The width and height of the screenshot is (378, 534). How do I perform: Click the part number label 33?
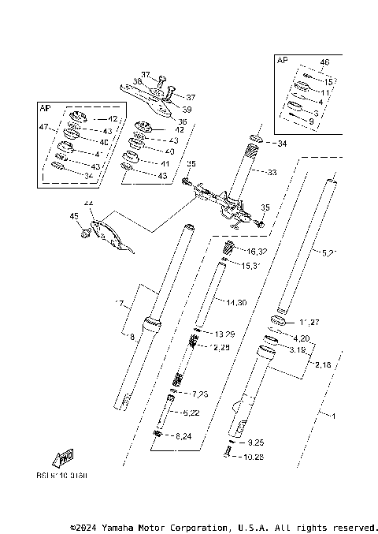(273, 171)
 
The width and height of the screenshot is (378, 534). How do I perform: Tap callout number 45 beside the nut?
(74, 216)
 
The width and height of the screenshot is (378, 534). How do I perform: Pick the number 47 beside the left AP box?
(44, 126)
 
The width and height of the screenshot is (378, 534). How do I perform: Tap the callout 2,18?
(322, 365)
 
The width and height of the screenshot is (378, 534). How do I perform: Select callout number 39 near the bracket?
(187, 109)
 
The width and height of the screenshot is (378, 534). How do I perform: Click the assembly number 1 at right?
(334, 415)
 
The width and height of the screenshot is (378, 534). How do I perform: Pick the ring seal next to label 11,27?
(280, 319)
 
